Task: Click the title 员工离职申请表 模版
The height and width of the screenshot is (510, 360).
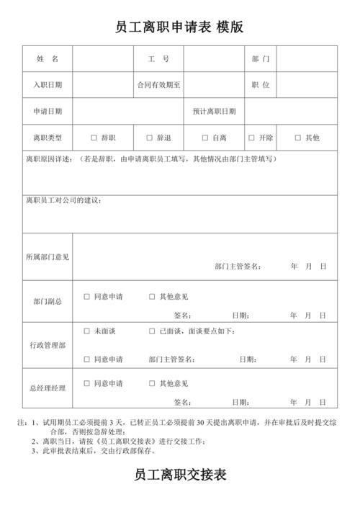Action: click(179, 27)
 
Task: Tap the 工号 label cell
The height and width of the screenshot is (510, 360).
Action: click(158, 58)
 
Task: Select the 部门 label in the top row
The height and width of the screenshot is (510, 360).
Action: click(261, 58)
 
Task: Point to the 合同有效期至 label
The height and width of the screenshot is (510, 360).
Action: click(158, 85)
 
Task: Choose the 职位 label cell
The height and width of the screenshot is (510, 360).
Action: click(261, 85)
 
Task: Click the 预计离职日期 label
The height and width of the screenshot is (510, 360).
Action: click(214, 112)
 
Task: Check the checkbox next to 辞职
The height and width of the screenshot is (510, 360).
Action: click(94, 138)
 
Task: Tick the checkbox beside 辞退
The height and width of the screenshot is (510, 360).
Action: click(150, 138)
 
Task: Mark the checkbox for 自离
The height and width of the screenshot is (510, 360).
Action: click(205, 138)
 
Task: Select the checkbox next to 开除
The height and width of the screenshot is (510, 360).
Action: click(251, 138)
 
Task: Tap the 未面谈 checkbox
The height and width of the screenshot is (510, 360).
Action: click(87, 331)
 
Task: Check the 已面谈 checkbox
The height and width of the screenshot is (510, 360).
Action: click(152, 331)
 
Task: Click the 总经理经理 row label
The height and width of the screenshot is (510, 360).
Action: click(48, 388)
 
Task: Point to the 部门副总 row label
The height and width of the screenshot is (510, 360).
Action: click(48, 302)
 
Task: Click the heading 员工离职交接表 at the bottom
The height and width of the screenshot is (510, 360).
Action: click(180, 475)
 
